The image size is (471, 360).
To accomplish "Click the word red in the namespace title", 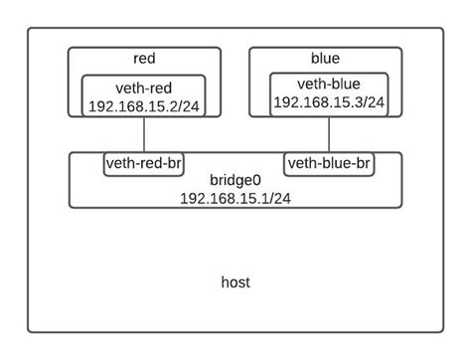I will [x=143, y=60].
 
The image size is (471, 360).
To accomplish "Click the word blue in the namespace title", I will [x=325, y=60].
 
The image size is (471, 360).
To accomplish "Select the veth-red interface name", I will [x=143, y=88].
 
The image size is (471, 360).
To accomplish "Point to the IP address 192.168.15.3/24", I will [x=327, y=101].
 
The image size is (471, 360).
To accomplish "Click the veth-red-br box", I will [x=143, y=163].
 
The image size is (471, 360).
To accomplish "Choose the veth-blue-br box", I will [x=329, y=163].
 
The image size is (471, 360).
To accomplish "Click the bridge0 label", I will [x=235, y=181].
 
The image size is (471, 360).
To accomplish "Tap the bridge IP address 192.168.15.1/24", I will [x=235, y=198].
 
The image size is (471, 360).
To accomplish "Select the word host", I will [x=235, y=283].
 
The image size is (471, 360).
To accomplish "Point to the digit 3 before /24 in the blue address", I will [x=360, y=101].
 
